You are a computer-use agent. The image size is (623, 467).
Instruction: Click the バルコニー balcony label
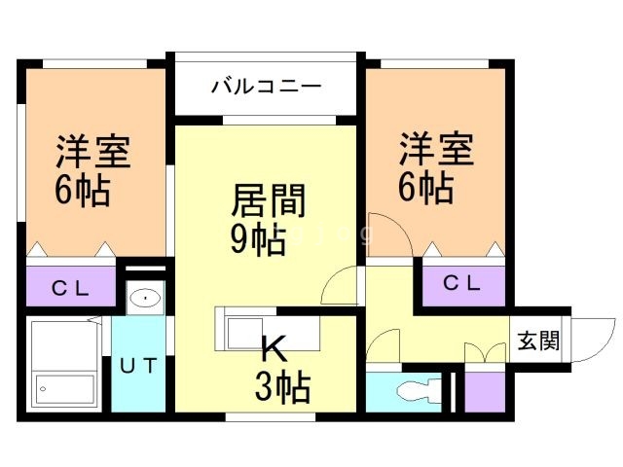pyautogui.click(x=266, y=87)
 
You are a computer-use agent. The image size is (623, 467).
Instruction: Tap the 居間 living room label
pyautogui.click(x=267, y=201)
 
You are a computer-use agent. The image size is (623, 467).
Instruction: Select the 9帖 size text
pyautogui.click(x=257, y=238)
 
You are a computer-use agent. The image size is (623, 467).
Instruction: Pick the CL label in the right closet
pyautogui.click(x=462, y=283)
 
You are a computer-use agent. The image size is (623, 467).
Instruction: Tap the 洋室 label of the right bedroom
pyautogui.click(x=435, y=151)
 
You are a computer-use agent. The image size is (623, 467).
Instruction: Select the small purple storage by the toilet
pyautogui.click(x=483, y=390)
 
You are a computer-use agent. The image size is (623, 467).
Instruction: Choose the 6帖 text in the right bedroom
pyautogui.click(x=425, y=187)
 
